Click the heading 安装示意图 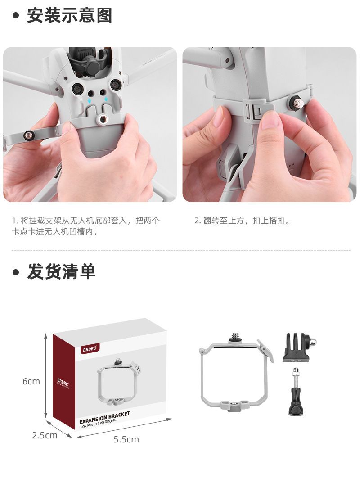[x=69, y=15]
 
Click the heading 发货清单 [x=61, y=272]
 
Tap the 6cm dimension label [x=31, y=381]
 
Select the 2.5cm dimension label [x=45, y=435]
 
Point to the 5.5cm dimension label [x=126, y=439]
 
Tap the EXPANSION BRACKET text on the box [x=105, y=418]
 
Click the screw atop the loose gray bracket [x=236, y=337]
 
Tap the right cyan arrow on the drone [x=106, y=99]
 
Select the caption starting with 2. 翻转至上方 [x=243, y=221]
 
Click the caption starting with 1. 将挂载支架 [x=86, y=226]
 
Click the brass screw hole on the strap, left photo [x=29, y=135]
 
